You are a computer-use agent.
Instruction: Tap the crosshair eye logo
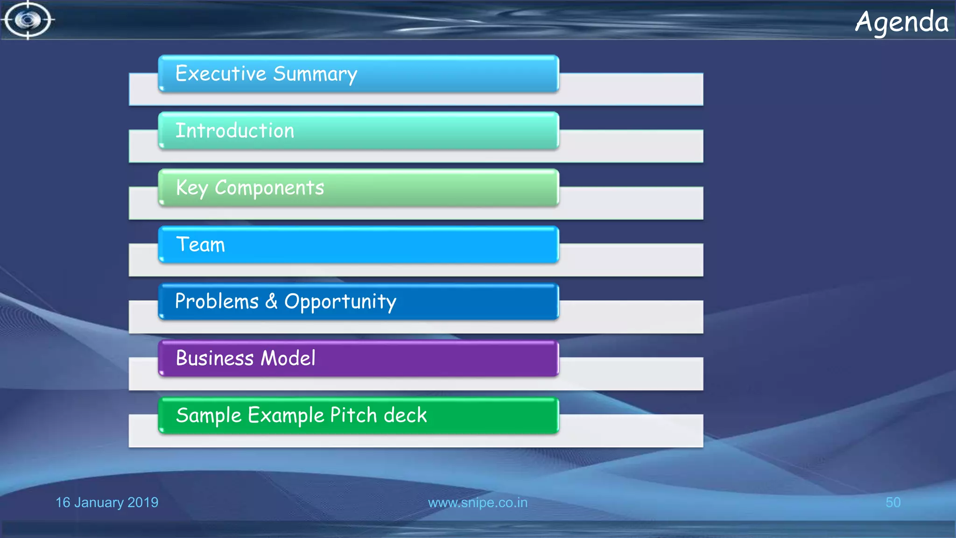[28, 20]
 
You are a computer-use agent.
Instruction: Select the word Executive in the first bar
[220, 74]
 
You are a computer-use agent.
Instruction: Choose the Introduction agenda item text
[235, 131]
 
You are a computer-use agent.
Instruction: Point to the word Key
[191, 188]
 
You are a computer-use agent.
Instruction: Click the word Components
[269, 188]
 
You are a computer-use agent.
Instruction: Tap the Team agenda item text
[200, 245]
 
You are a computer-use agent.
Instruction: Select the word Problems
[217, 302]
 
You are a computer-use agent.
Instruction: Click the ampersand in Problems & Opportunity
[271, 302]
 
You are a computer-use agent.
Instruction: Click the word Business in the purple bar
[215, 359]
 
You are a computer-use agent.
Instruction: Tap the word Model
[288, 359]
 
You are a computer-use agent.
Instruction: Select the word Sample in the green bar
[209, 416]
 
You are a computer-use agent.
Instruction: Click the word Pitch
[353, 415]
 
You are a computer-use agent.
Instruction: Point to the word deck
[405, 415]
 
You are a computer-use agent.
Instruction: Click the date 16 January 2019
[107, 503]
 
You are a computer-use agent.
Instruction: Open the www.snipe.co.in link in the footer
[478, 503]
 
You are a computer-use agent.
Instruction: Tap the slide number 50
[893, 503]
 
